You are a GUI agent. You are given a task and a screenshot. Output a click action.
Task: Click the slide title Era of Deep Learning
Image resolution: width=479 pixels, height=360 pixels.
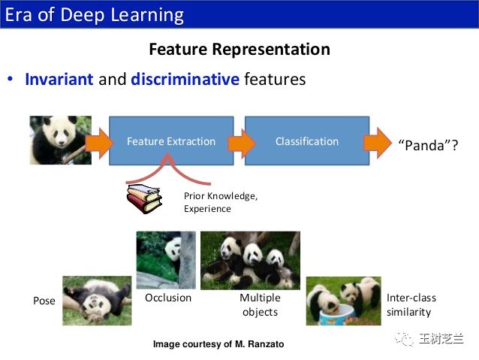(x=95, y=15)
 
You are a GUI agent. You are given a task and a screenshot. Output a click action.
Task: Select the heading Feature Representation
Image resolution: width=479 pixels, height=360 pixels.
(x=239, y=50)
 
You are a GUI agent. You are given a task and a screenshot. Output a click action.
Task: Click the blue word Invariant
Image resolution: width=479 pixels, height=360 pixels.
(x=59, y=79)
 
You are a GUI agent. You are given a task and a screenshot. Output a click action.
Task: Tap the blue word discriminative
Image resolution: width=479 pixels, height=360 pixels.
(x=185, y=79)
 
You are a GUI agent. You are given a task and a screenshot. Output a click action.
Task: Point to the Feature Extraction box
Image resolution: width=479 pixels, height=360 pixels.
(x=171, y=141)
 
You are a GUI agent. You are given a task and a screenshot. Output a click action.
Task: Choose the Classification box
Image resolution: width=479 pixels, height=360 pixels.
(x=307, y=141)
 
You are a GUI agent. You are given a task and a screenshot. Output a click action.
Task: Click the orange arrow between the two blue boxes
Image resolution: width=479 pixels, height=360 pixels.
(x=242, y=144)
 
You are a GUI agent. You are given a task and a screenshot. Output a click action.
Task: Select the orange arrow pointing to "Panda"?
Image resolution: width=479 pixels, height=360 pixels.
(x=378, y=143)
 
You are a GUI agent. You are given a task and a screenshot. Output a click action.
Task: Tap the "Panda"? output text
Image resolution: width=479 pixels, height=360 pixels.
(x=428, y=145)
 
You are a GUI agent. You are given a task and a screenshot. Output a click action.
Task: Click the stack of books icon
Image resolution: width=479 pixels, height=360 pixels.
(x=144, y=198)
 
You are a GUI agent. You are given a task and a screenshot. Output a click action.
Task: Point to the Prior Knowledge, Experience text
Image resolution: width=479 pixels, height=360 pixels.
(x=221, y=202)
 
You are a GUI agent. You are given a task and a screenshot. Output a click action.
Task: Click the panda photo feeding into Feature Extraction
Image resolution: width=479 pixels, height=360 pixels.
(x=61, y=140)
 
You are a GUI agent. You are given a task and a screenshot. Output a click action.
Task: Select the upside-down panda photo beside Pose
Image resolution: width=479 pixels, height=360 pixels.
(x=97, y=301)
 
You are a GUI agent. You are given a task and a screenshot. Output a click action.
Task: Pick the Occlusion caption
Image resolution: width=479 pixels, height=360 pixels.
(x=168, y=298)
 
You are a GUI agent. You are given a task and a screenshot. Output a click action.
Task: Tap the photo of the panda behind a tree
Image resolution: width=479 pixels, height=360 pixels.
(x=166, y=260)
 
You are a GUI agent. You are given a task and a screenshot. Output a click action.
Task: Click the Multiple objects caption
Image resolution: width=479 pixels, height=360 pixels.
(x=260, y=304)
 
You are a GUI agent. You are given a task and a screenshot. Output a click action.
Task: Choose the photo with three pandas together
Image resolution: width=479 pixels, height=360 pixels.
(x=250, y=260)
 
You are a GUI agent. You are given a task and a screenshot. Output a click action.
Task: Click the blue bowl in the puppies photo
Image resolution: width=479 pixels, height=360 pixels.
(x=338, y=315)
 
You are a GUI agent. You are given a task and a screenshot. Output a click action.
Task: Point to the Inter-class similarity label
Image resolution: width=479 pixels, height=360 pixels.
(x=411, y=304)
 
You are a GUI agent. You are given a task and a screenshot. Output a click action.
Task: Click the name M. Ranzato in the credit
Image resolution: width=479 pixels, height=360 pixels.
(x=259, y=344)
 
